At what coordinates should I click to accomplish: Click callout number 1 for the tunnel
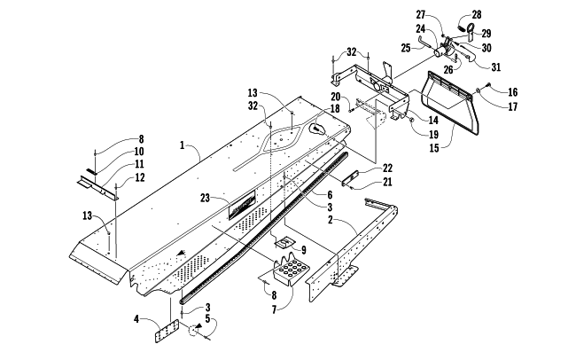click(x=183, y=145)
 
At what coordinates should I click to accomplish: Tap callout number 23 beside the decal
click(x=205, y=199)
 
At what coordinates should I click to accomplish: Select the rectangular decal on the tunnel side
click(x=242, y=206)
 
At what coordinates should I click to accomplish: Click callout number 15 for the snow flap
click(x=434, y=148)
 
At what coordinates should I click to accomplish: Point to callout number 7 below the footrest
click(x=275, y=309)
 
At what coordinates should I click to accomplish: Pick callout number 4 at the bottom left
click(x=136, y=319)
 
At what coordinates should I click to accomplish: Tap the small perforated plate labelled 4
click(x=167, y=331)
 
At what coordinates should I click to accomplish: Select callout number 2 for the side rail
click(x=331, y=220)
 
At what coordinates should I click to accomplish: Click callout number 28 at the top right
click(x=477, y=15)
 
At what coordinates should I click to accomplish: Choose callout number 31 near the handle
click(x=496, y=67)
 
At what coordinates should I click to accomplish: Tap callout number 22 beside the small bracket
click(x=387, y=168)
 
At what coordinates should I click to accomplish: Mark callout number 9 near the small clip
click(x=304, y=250)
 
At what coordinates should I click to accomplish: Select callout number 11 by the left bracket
click(x=139, y=164)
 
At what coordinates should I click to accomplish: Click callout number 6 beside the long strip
click(x=330, y=194)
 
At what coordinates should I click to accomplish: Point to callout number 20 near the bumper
click(x=335, y=97)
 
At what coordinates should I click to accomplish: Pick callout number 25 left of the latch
click(x=406, y=48)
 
